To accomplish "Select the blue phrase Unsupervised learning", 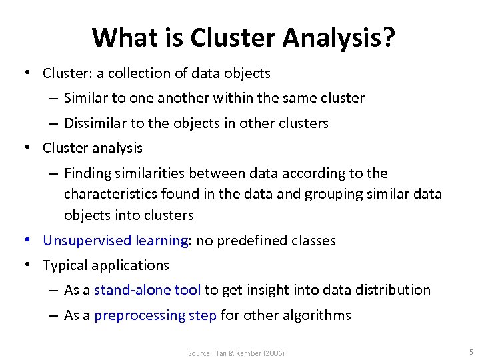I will point(115,240).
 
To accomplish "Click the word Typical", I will point(65,265).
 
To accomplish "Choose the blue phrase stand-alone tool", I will point(147,290).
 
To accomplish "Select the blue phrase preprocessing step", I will point(155,315).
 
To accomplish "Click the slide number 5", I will point(471,351).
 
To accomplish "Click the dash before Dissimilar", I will point(52,123).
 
